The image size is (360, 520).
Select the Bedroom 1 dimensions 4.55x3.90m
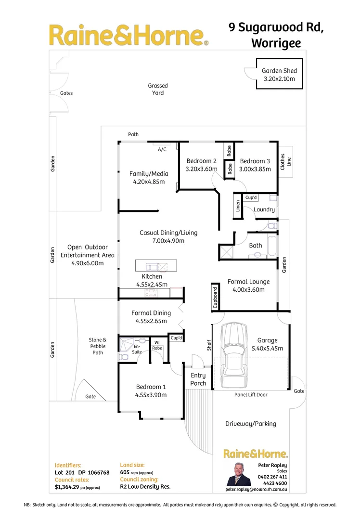click(151, 395)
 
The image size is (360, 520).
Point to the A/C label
click(162, 149)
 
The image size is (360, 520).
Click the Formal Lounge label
click(248, 282)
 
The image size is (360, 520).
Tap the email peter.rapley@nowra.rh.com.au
click(257, 489)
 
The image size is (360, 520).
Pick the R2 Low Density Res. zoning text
click(145, 487)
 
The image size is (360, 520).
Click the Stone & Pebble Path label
click(98, 346)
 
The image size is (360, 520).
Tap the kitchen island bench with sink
click(156, 266)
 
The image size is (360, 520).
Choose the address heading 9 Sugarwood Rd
click(276, 28)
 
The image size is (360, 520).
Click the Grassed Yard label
click(158, 89)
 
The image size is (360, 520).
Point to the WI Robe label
click(157, 345)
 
